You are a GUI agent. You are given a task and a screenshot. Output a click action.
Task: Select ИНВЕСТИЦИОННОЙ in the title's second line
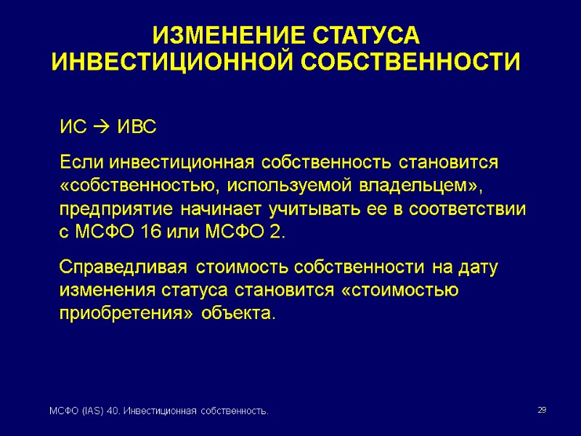171,62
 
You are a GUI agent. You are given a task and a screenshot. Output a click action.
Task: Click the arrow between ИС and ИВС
101,129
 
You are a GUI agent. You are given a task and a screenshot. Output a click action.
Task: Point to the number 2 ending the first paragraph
280,233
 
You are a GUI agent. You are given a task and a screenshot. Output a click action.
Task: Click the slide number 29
541,411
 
